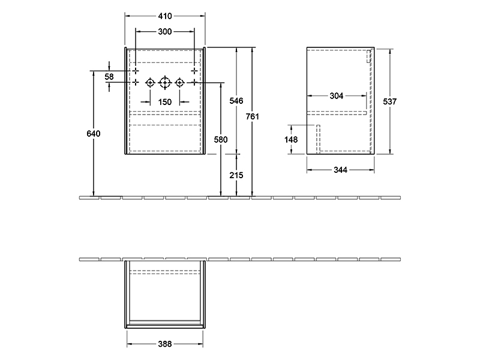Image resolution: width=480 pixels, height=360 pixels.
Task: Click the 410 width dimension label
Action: [x=165, y=16]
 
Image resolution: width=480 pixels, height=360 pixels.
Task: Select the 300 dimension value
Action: [x=164, y=32]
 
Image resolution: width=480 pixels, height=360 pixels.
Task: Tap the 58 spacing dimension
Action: [x=109, y=77]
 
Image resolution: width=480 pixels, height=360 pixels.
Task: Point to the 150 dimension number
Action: [x=164, y=102]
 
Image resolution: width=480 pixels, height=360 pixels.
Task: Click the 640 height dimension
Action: [x=94, y=133]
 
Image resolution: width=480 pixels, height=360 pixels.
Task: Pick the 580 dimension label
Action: [x=221, y=140]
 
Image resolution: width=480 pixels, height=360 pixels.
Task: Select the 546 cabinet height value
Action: [x=236, y=101]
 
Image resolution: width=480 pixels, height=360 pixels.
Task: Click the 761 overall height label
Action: [x=252, y=116]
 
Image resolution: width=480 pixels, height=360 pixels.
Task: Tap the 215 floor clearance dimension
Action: [x=236, y=175]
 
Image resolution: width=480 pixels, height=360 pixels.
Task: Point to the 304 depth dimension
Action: [x=337, y=96]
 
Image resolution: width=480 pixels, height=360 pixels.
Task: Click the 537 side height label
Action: [x=389, y=101]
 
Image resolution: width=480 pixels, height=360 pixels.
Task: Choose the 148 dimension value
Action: [x=291, y=140]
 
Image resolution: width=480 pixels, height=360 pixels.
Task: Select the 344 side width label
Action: [x=340, y=170]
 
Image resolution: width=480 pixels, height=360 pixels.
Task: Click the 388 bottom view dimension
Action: [x=164, y=344]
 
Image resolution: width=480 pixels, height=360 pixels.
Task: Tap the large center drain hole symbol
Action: [x=164, y=83]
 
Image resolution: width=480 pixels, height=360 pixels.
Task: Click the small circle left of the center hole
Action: [x=150, y=83]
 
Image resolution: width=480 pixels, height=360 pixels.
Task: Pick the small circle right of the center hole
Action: [x=179, y=83]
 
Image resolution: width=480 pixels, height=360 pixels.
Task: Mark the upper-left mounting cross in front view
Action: [x=136, y=71]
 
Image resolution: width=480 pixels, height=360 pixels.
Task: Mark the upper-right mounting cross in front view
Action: [x=194, y=71]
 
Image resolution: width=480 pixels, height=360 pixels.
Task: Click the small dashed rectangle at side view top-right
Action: [x=369, y=56]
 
